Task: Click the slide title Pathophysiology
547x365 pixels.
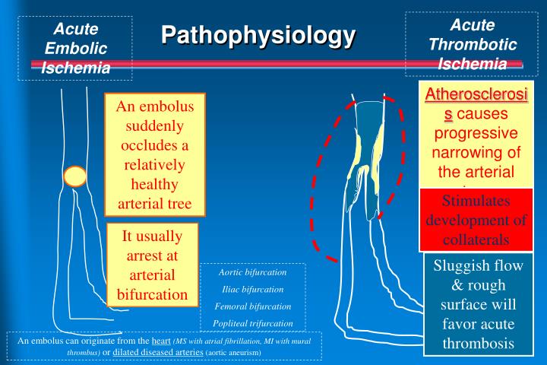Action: click(x=258, y=35)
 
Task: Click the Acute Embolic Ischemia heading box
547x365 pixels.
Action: click(x=75, y=48)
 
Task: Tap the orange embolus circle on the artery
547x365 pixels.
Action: click(x=75, y=176)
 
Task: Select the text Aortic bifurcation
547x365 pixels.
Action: click(x=252, y=271)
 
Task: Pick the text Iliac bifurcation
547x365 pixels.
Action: click(x=252, y=289)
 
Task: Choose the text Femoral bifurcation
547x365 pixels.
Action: click(x=252, y=306)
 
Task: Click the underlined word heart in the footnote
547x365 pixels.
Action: click(x=160, y=341)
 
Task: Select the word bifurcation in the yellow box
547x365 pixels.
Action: click(x=152, y=294)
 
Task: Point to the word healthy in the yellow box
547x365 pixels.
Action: click(x=155, y=185)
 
